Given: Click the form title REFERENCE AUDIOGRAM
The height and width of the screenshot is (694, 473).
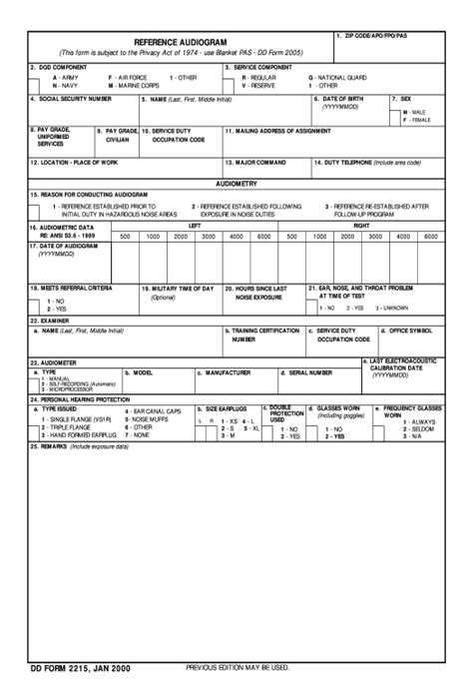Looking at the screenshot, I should pyautogui.click(x=181, y=42).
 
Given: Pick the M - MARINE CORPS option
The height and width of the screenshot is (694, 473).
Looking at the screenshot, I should pyautogui.click(x=134, y=86).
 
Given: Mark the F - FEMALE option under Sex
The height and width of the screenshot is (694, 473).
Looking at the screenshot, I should pyautogui.click(x=416, y=120).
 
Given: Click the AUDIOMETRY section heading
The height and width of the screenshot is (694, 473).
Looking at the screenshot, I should pyautogui.click(x=236, y=185).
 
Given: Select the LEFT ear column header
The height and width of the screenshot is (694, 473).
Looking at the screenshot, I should pyautogui.click(x=195, y=227).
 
